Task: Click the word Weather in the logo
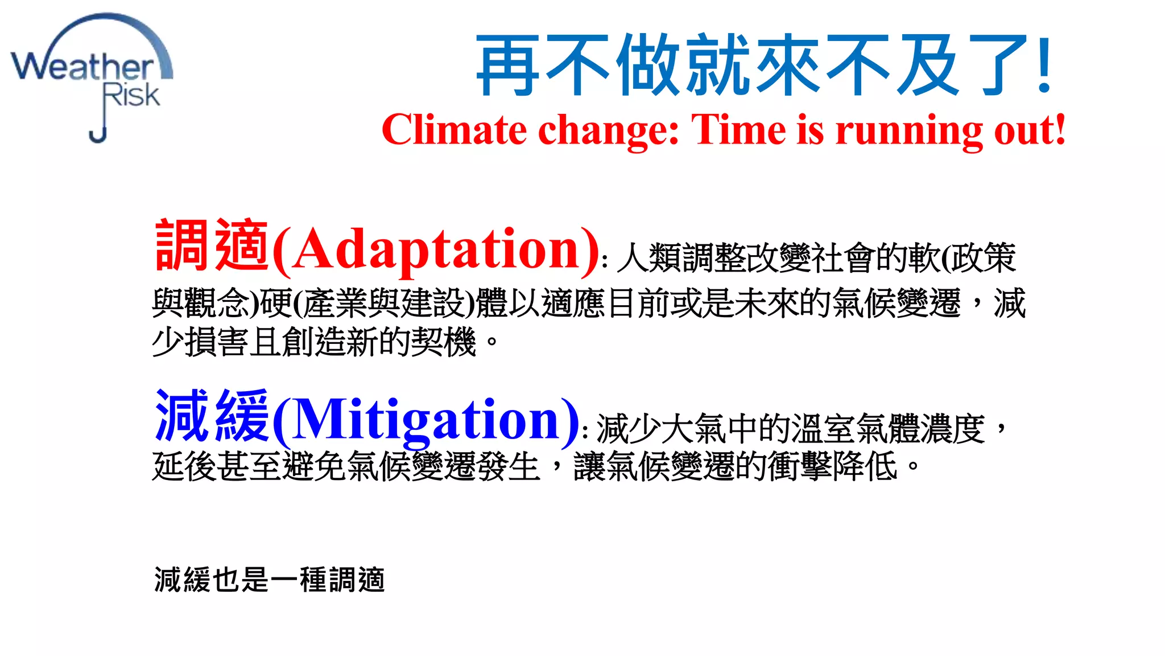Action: [x=82, y=67]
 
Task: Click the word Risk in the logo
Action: [x=131, y=95]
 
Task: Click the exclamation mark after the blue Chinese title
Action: [x=1044, y=64]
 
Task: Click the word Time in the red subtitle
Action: [x=738, y=130]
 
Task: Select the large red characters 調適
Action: [x=212, y=245]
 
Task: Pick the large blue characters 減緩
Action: [x=212, y=416]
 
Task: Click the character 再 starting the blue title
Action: [x=507, y=65]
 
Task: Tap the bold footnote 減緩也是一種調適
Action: [x=269, y=580]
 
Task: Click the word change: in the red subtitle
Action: [x=609, y=130]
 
